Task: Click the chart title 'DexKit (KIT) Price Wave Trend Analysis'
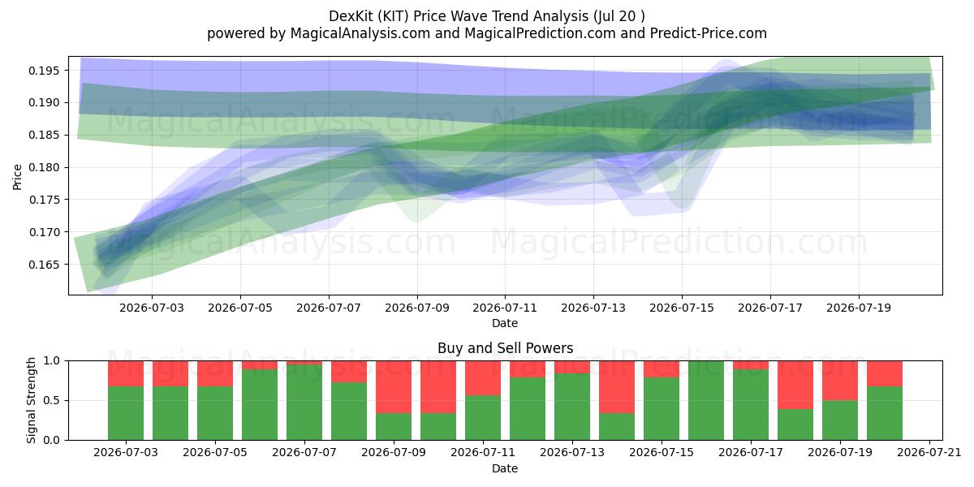pyautogui.click(x=459, y=16)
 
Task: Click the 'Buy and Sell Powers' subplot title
pyautogui.click(x=505, y=348)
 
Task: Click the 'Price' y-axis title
pyautogui.click(x=17, y=177)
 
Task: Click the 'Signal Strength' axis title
pyautogui.click(x=31, y=400)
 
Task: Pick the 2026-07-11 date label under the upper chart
pyautogui.click(x=505, y=308)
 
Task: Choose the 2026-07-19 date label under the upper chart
pyautogui.click(x=859, y=308)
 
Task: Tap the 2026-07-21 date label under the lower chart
pyautogui.click(x=929, y=452)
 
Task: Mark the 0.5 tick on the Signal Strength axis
pyautogui.click(x=52, y=400)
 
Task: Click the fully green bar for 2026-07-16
pyautogui.click(x=706, y=400)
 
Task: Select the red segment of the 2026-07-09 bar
pyautogui.click(x=394, y=387)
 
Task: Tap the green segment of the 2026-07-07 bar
pyautogui.click(x=304, y=403)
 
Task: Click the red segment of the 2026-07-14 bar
pyautogui.click(x=617, y=387)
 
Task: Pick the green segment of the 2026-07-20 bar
pyautogui.click(x=885, y=413)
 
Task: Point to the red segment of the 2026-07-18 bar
pyautogui.click(x=795, y=385)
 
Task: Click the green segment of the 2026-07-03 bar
pyautogui.click(x=126, y=413)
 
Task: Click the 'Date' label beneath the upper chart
pyautogui.click(x=505, y=323)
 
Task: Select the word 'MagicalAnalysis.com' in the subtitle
pyautogui.click(x=360, y=33)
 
